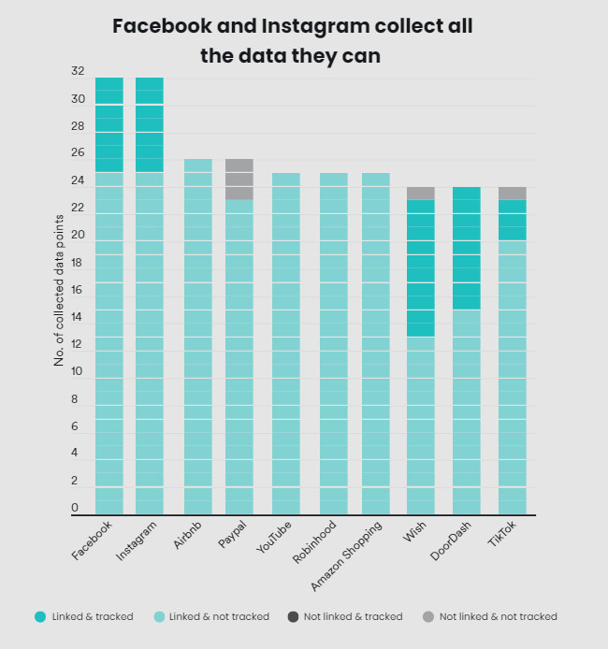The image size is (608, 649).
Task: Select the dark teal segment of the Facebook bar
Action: click(x=109, y=124)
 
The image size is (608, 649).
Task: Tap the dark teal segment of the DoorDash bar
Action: click(x=466, y=248)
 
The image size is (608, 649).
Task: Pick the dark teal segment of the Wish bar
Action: click(x=421, y=267)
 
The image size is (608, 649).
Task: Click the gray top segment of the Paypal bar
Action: click(x=239, y=179)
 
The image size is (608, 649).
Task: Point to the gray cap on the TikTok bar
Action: click(x=512, y=193)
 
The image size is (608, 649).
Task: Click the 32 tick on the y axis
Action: click(x=78, y=71)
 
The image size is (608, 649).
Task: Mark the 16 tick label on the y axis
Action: click(x=78, y=290)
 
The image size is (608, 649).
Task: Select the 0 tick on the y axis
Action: click(x=75, y=508)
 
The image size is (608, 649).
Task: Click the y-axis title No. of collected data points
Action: click(x=59, y=290)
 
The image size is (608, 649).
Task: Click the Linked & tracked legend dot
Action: click(x=39, y=616)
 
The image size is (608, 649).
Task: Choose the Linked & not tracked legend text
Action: click(x=219, y=616)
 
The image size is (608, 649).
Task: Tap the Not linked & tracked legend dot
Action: click(x=293, y=616)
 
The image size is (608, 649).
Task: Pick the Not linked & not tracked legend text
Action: click(x=498, y=616)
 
